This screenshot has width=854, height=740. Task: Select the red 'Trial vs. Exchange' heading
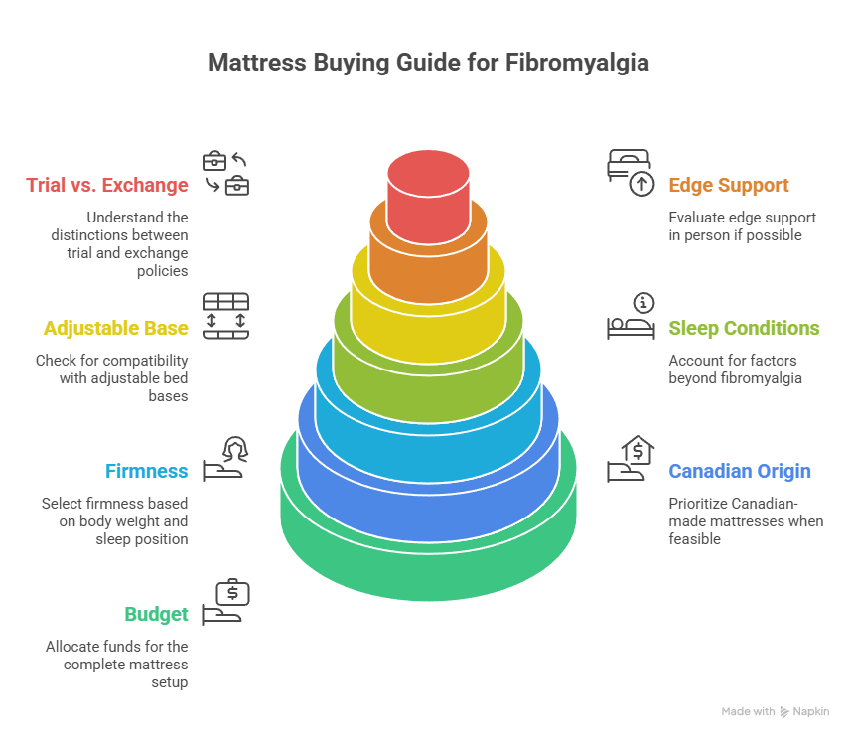(107, 185)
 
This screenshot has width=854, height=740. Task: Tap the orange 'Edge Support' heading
(729, 185)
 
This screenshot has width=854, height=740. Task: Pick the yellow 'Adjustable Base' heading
(115, 328)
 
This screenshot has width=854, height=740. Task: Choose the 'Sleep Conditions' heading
(744, 328)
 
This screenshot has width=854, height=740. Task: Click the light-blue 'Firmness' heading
(147, 471)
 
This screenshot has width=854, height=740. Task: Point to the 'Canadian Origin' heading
(740, 471)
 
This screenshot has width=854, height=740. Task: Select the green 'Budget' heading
(156, 614)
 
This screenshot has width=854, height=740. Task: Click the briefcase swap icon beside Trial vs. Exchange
(225, 173)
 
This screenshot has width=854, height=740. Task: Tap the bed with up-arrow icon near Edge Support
(630, 172)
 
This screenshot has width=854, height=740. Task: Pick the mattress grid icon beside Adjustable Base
(225, 316)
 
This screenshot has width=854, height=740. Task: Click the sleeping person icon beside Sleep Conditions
(630, 316)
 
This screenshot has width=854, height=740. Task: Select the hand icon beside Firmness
(225, 459)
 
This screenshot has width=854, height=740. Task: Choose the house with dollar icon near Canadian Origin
(630, 459)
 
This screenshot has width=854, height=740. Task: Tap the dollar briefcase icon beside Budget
(226, 602)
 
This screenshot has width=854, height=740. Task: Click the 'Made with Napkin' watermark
(775, 712)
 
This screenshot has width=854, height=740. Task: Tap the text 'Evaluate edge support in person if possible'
(742, 226)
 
